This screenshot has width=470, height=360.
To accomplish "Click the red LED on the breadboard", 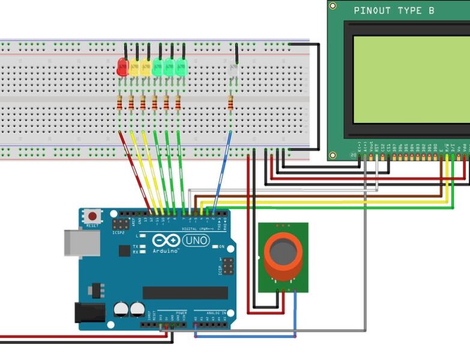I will (122, 67).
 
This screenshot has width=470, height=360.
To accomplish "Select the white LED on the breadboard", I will (233, 71).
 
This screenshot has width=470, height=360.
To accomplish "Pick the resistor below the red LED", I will (122, 104).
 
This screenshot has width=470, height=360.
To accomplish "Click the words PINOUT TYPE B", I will (394, 10).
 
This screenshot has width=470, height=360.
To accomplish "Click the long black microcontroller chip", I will (185, 293).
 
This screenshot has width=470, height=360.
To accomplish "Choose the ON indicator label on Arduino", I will (221, 247).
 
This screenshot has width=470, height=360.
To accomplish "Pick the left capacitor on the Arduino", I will (121, 310).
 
